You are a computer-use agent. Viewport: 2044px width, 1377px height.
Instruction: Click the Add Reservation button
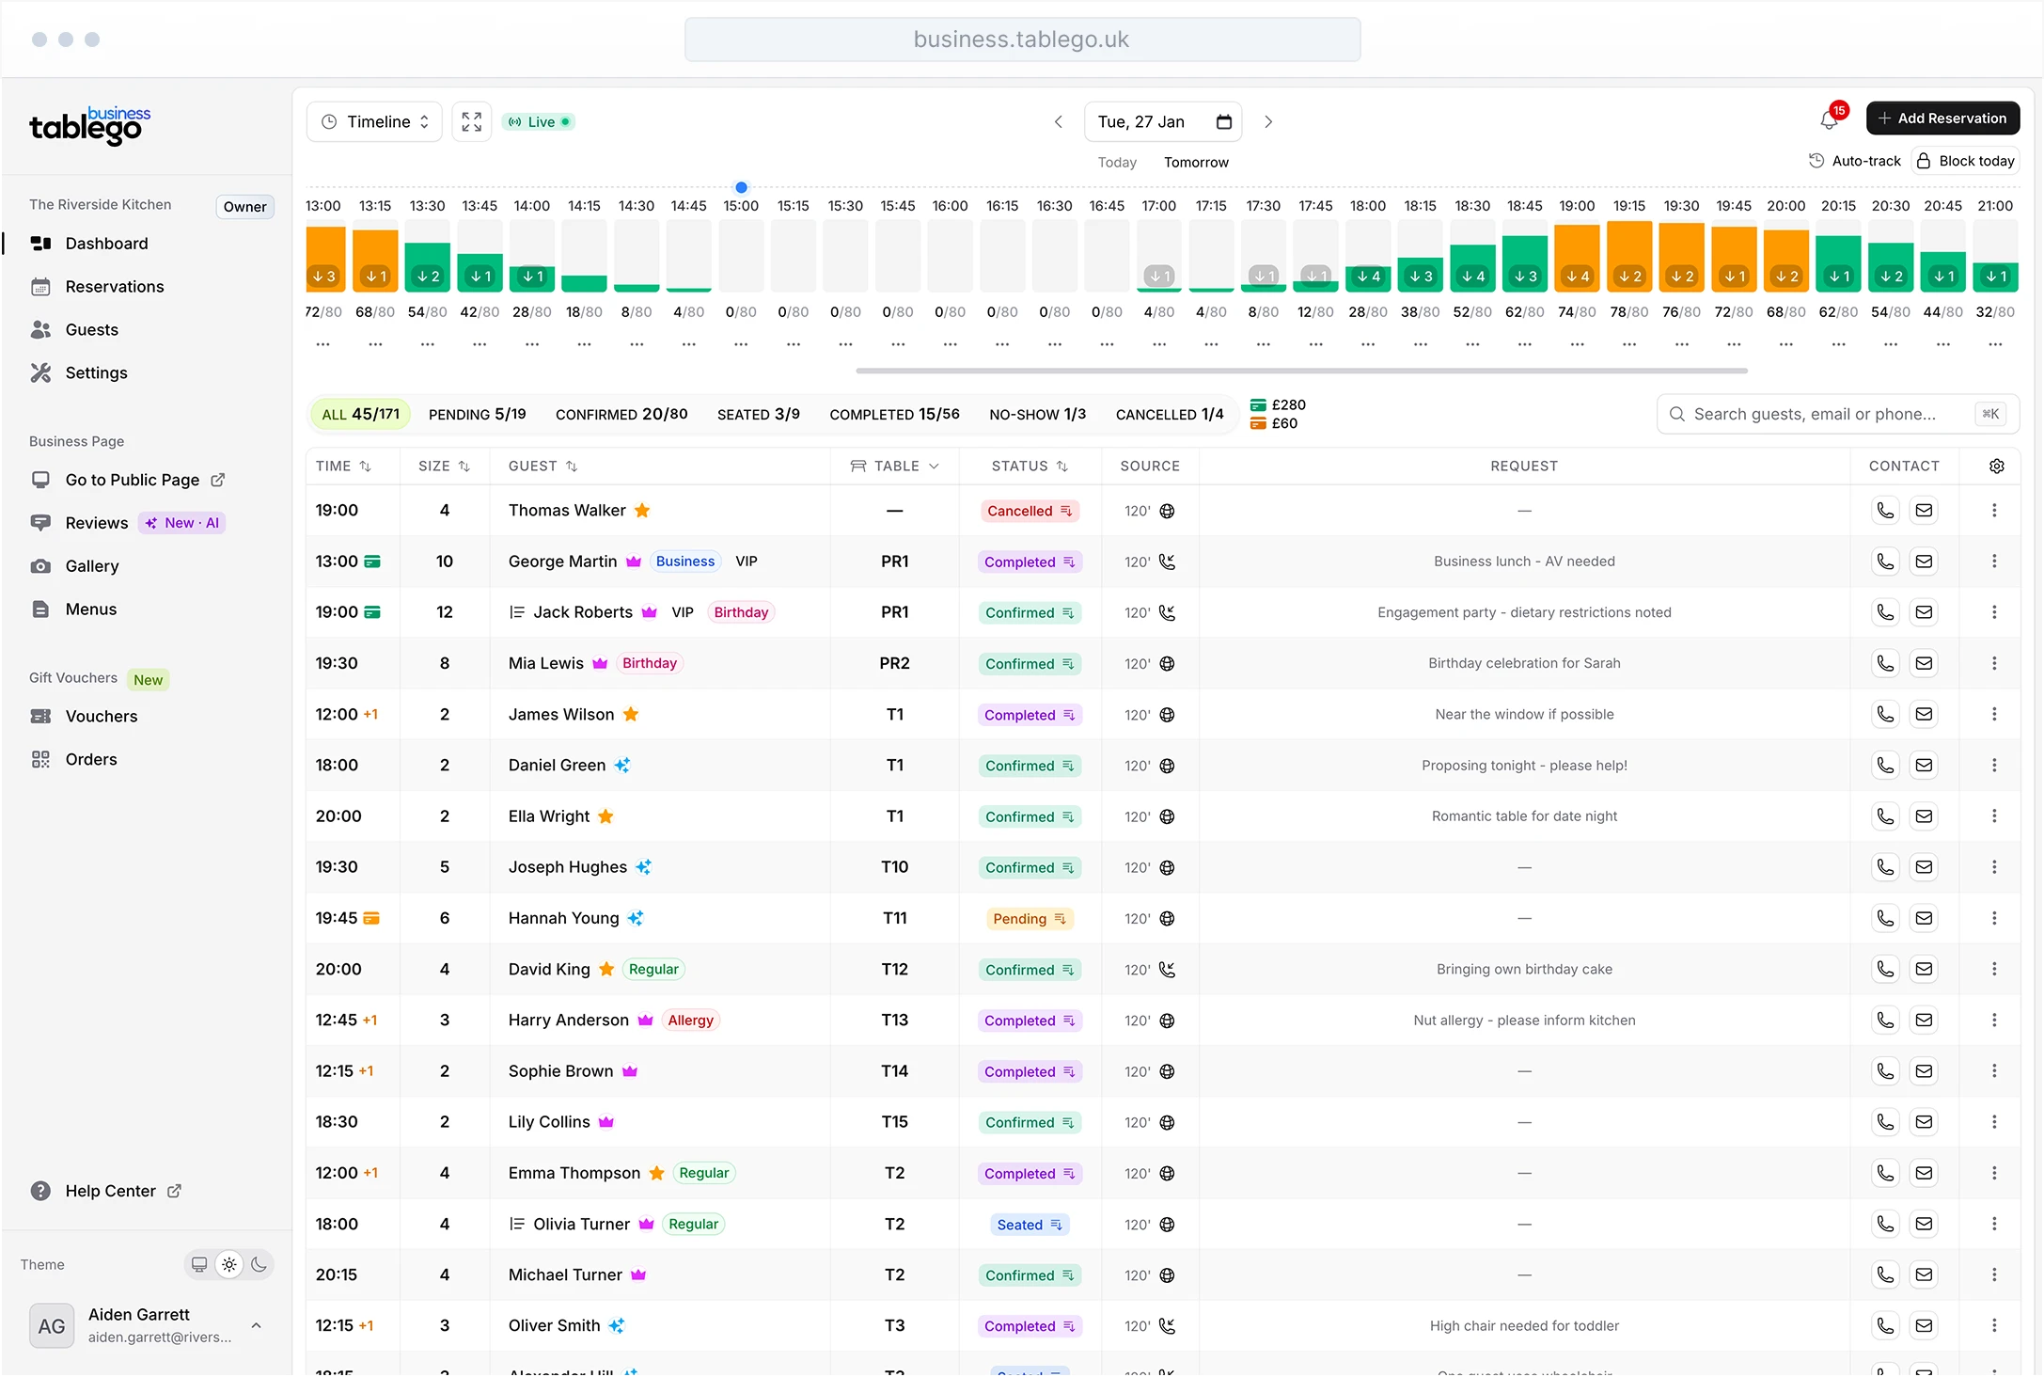(x=1942, y=119)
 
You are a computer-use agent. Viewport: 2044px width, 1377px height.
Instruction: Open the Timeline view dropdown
(x=375, y=122)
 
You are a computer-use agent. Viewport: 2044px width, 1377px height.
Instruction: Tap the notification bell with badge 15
(x=1829, y=120)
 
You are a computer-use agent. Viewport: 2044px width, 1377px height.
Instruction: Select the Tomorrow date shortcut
(x=1196, y=163)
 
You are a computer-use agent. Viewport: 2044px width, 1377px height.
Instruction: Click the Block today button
(x=1966, y=161)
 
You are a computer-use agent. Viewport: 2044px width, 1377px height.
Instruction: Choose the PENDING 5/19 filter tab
(x=477, y=415)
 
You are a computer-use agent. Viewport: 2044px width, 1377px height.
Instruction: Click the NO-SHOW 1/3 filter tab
(x=1037, y=415)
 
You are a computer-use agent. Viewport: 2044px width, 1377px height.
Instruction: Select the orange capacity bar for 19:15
(x=1629, y=256)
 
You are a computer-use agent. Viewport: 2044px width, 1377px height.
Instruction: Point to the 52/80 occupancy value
(x=1472, y=312)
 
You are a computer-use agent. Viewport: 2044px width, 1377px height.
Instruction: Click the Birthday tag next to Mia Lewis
(x=649, y=664)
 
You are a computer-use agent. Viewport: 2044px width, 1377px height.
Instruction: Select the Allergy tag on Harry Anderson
(x=690, y=1021)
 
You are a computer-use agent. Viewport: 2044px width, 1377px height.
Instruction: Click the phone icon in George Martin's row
(x=1885, y=562)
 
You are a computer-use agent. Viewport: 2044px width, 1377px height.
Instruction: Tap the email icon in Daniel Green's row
(x=1924, y=766)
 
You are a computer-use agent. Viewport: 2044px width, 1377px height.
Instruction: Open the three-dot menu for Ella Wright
(x=1994, y=816)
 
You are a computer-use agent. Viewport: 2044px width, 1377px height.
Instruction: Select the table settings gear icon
(x=1997, y=467)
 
